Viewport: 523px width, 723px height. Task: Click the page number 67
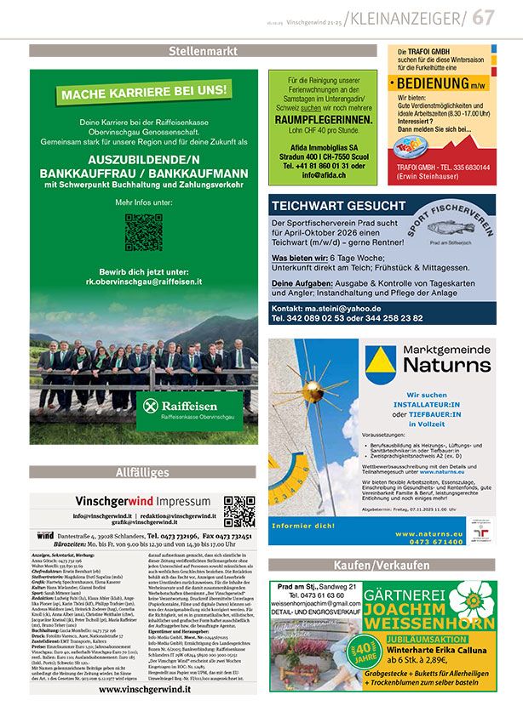point(484,17)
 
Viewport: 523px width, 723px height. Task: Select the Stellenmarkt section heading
point(203,51)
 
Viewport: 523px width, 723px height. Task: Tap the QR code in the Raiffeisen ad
point(143,231)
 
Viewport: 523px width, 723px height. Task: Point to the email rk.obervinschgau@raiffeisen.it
point(143,281)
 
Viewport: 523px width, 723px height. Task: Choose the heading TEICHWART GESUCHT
point(339,206)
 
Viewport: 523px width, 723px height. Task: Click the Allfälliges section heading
point(142,472)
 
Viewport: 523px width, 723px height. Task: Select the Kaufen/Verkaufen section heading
point(382,565)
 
